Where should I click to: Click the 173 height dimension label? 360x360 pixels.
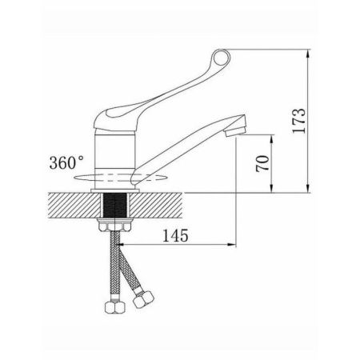pyautogui.click(x=298, y=121)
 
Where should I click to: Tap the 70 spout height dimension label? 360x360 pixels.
pyautogui.click(x=262, y=163)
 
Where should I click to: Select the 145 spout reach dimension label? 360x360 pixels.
pyautogui.click(x=175, y=235)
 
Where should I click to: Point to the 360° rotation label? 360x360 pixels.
pyautogui.click(x=66, y=162)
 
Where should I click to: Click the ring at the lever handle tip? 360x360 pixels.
pyautogui.click(x=221, y=58)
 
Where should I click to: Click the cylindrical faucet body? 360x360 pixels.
pyautogui.click(x=115, y=159)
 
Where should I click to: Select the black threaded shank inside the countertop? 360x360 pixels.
pyautogui.click(x=114, y=205)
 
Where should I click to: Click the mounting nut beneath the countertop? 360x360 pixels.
pyautogui.click(x=114, y=226)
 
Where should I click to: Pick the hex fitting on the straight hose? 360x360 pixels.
pyautogui.click(x=114, y=307)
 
